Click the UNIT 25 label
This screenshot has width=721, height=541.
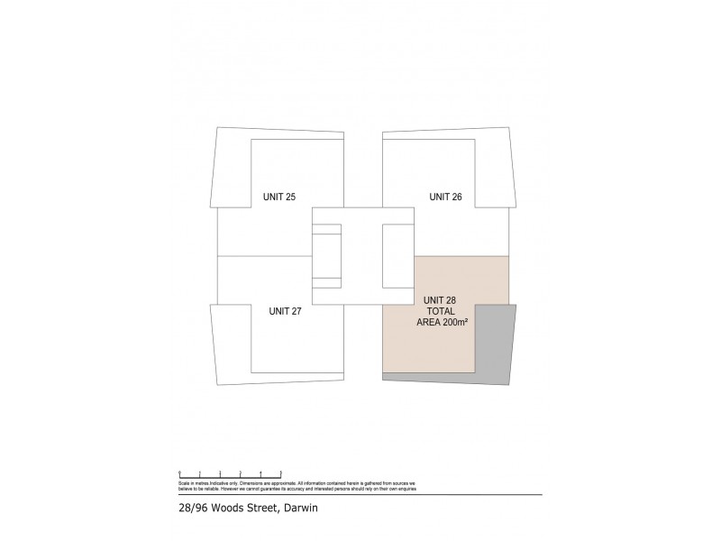click(x=278, y=196)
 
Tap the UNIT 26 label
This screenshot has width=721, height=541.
click(x=445, y=196)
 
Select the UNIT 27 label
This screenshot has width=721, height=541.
click(x=285, y=311)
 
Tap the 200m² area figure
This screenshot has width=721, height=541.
click(x=456, y=322)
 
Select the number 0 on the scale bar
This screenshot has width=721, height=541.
click(x=180, y=472)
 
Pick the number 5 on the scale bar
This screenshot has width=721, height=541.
click(x=281, y=472)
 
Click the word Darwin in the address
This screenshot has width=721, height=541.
click(x=301, y=509)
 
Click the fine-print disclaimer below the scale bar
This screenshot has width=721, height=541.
click(x=297, y=486)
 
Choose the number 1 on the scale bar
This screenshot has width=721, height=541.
click(x=200, y=472)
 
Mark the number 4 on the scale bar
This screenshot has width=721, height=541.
click(x=260, y=472)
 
